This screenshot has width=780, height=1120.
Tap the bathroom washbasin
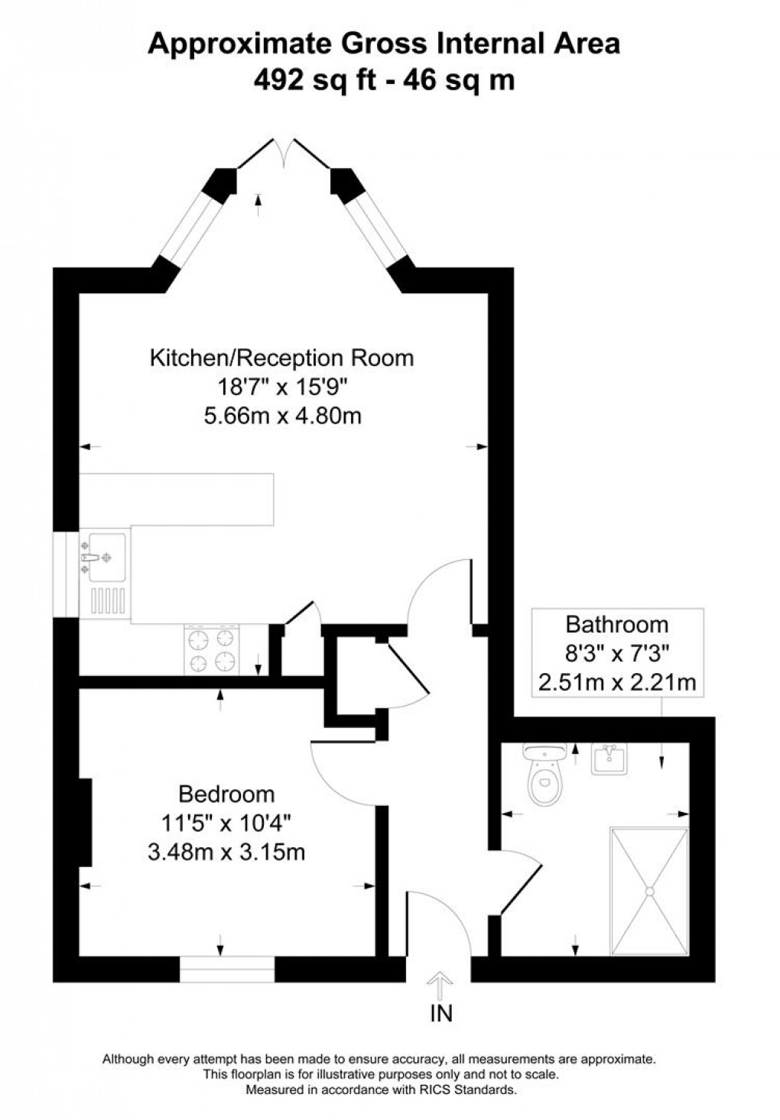click(609, 759)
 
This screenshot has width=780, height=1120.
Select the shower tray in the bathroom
click(649, 890)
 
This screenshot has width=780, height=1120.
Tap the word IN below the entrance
click(441, 1014)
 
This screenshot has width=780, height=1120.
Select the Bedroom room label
click(226, 795)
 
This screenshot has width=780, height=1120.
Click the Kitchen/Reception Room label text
click(281, 358)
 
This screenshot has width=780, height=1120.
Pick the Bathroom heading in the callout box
click(616, 624)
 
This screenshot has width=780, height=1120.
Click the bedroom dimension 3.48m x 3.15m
click(226, 851)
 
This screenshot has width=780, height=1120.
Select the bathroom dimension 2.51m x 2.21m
click(616, 681)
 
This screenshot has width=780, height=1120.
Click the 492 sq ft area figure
click(315, 79)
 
